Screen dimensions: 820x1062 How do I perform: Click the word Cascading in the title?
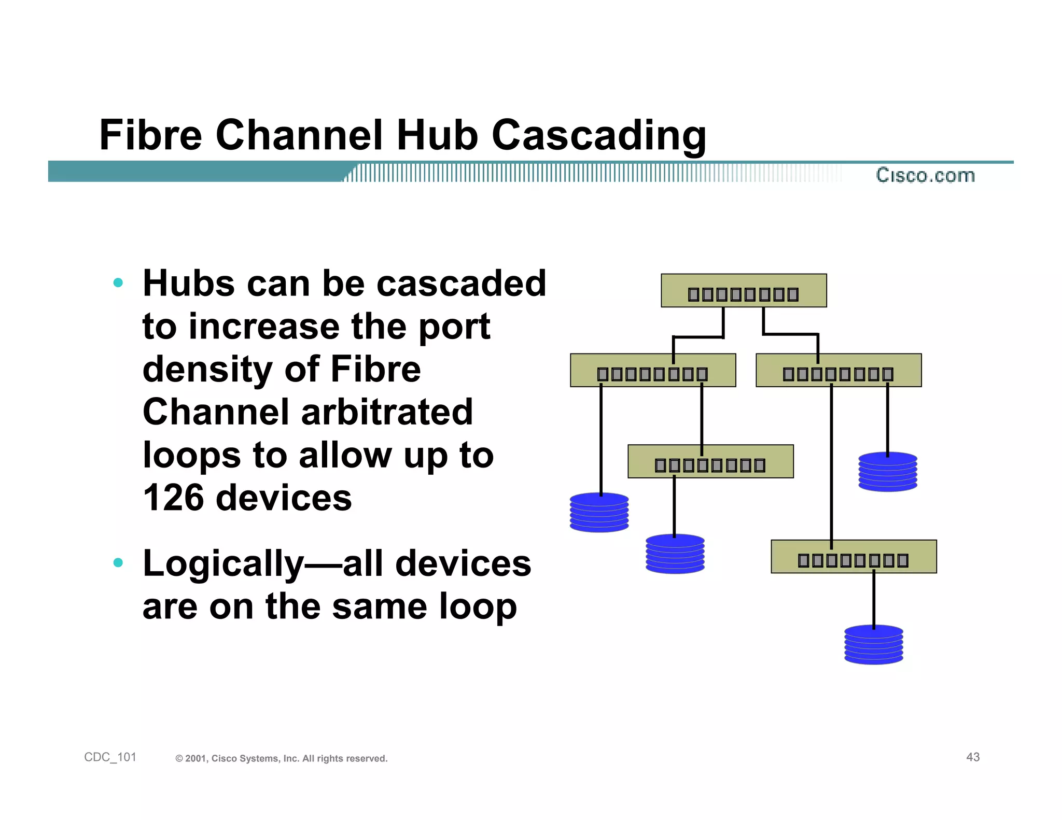click(598, 135)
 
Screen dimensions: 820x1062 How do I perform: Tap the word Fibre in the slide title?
click(150, 135)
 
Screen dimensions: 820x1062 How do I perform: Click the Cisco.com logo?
click(925, 175)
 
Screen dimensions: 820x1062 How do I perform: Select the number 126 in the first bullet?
click(174, 498)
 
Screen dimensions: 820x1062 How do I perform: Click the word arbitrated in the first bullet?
click(386, 412)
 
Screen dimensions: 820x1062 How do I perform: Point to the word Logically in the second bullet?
click(223, 564)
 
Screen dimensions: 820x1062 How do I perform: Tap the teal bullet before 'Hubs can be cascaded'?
click(118, 283)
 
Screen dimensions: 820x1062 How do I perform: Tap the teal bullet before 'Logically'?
click(118, 562)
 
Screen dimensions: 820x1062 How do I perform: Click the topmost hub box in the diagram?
click(743, 291)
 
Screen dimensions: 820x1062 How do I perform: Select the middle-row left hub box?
click(652, 371)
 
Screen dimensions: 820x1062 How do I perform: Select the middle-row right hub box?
click(838, 371)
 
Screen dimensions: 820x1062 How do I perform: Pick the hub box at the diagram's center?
click(710, 461)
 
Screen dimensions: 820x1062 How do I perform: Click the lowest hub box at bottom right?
click(853, 557)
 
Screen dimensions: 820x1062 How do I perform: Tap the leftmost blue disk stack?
click(599, 513)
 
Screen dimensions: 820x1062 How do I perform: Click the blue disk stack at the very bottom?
click(873, 645)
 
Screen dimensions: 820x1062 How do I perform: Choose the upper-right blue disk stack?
click(887, 472)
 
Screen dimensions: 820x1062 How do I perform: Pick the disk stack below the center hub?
click(675, 554)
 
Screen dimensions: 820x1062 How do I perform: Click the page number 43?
click(972, 757)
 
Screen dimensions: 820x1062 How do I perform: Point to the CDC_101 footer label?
click(110, 757)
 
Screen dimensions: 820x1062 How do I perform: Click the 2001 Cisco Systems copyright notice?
click(282, 759)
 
